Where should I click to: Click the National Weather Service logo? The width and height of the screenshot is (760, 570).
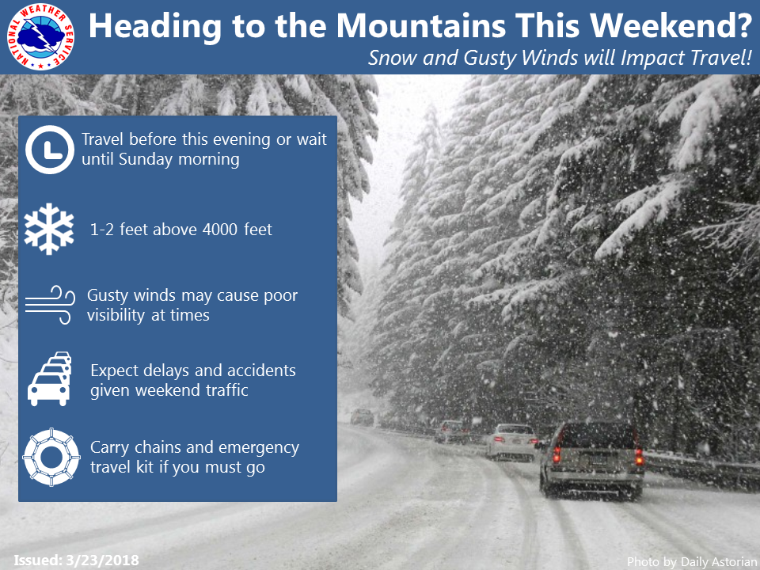pos(40,36)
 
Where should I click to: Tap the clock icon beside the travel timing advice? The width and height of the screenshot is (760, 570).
pos(49,150)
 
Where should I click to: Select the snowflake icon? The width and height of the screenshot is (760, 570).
pos(49,229)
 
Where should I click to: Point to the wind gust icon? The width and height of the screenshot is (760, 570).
pos(50,304)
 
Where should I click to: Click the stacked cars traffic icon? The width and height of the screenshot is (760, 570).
pos(49,378)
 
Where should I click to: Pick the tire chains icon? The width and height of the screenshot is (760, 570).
pos(51,457)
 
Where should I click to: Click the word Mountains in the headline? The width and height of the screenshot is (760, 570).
pos(420,25)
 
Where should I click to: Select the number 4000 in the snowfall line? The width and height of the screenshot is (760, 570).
pos(219,230)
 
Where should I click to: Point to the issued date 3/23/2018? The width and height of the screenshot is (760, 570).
pos(102,560)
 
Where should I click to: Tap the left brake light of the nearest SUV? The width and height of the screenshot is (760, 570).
pos(557,454)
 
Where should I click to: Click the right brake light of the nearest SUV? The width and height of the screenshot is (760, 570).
pos(640,457)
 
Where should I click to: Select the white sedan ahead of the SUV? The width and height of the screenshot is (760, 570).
pos(512,442)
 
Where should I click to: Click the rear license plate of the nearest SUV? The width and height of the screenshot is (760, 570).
pos(598,459)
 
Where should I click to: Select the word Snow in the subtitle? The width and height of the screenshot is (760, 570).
pos(392,58)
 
